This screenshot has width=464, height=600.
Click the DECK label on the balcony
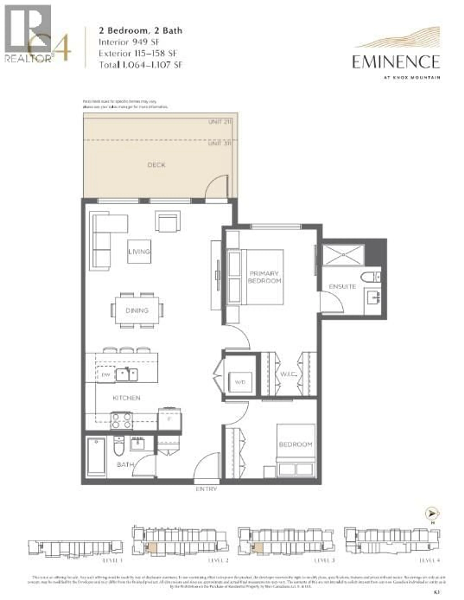[156, 165]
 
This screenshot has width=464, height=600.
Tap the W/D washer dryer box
[240, 382]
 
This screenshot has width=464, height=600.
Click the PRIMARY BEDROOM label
[264, 277]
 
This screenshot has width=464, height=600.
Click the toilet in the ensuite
[370, 277]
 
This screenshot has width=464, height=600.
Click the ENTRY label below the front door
[206, 489]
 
